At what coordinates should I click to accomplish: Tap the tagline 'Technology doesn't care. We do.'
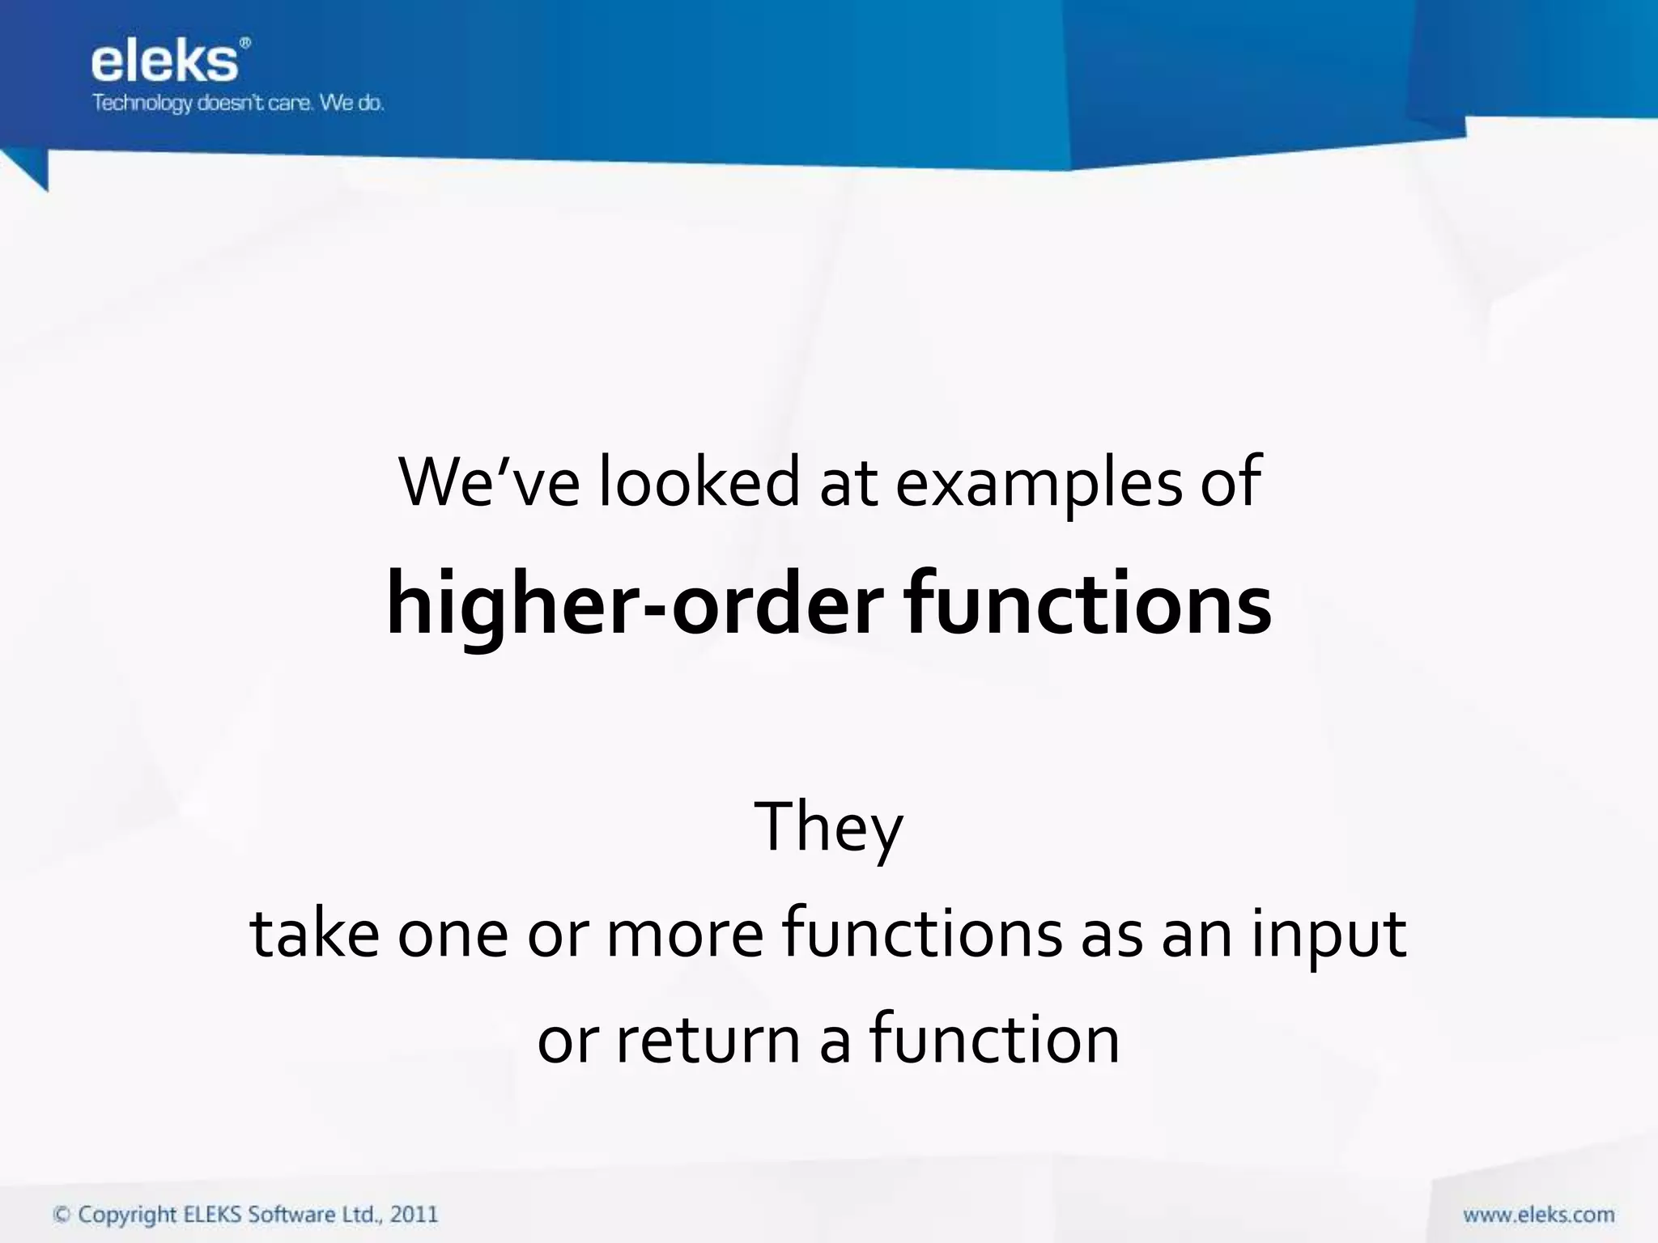237,104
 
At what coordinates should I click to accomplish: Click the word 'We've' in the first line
489,482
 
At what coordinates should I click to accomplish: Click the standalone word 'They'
828,827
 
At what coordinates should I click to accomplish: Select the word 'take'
314,934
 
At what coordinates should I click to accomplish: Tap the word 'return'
708,1041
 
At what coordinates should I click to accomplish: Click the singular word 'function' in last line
994,1039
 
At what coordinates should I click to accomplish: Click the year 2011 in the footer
414,1215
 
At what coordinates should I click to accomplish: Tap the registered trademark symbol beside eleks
246,43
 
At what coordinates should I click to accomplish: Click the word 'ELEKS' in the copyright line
213,1215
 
